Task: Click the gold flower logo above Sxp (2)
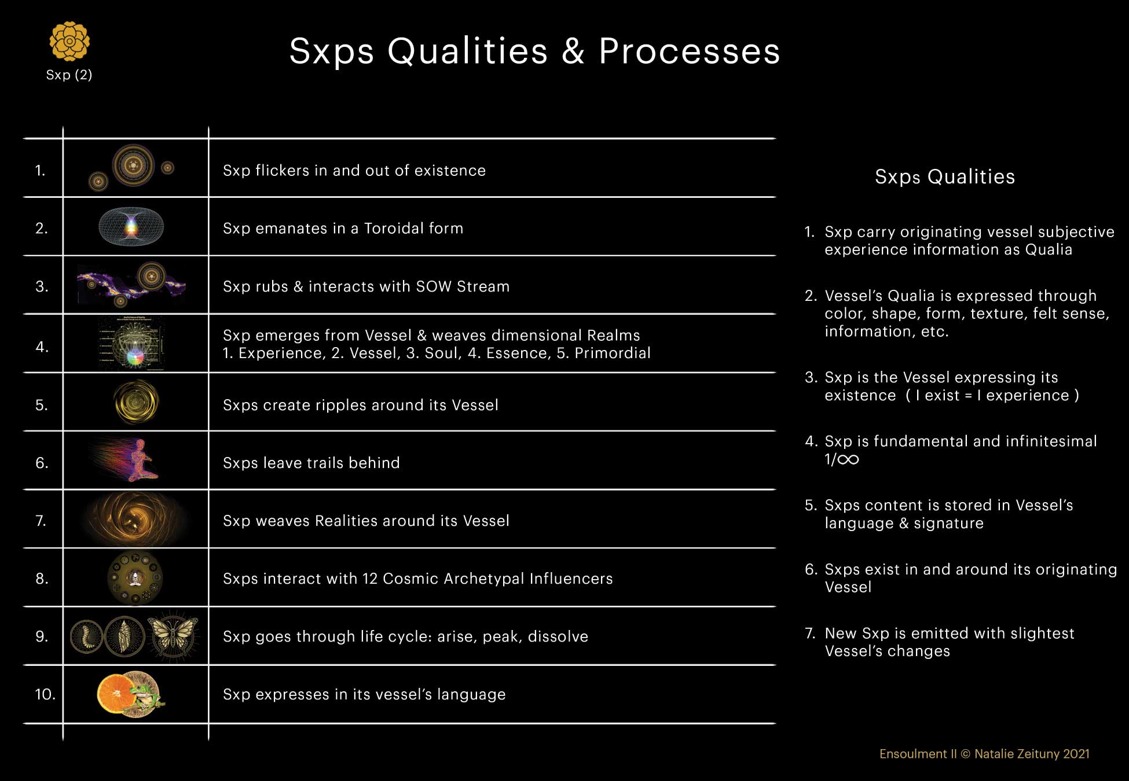[x=69, y=41]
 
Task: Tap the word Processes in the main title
[x=689, y=51]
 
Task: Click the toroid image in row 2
[x=131, y=227]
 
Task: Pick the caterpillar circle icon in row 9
[x=87, y=636]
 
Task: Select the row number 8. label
[x=42, y=579]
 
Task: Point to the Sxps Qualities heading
[x=945, y=176]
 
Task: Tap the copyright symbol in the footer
[x=965, y=754]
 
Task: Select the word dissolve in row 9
[x=558, y=636]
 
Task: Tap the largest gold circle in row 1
[x=133, y=165]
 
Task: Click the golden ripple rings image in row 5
[x=136, y=402]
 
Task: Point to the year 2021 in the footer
[x=1076, y=754]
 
